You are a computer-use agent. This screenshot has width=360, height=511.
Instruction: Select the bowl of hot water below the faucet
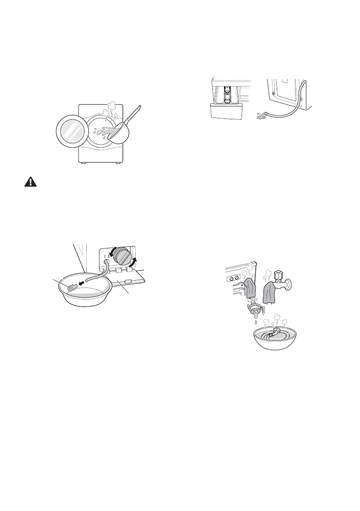(276, 339)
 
